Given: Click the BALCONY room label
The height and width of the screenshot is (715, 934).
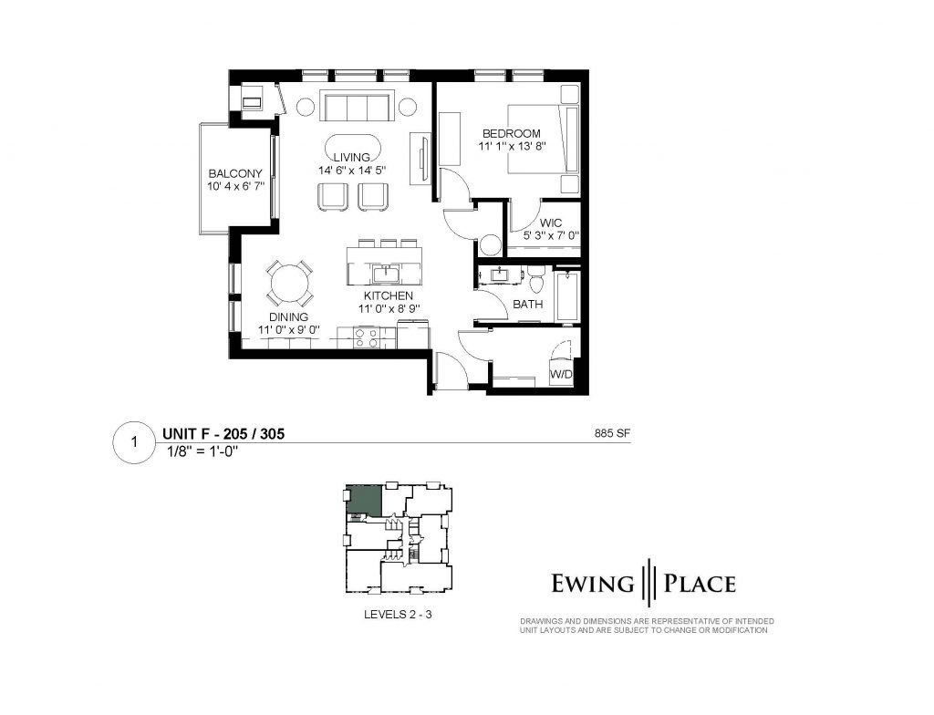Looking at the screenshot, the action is point(235,173).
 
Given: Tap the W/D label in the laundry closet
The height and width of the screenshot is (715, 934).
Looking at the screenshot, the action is point(561,375).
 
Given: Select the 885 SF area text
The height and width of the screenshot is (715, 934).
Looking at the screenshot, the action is point(612,434).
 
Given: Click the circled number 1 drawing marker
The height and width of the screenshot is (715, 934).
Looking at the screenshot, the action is point(135,442).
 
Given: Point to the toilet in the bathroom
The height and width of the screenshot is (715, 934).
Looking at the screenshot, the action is point(536,280).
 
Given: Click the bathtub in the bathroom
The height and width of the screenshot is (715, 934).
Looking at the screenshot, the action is point(566,296).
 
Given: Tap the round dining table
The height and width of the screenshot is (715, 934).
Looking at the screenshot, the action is point(289,283).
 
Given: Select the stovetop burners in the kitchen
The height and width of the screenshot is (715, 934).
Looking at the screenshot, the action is point(367,337).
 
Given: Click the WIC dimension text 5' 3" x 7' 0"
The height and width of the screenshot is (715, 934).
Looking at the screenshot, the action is point(552,235).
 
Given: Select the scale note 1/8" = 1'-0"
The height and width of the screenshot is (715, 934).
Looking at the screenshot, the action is point(203,451).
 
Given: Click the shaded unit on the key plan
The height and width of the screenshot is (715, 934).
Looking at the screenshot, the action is point(365,502).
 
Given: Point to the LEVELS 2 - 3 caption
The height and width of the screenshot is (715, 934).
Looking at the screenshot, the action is point(398,614).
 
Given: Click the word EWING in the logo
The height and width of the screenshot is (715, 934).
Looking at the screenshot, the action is point(593,584).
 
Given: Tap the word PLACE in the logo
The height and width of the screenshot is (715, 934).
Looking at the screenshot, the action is point(700,584).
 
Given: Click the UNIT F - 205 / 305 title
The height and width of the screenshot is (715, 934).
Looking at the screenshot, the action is point(223,434).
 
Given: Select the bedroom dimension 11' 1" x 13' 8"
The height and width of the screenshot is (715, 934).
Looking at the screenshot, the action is point(513,145).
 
